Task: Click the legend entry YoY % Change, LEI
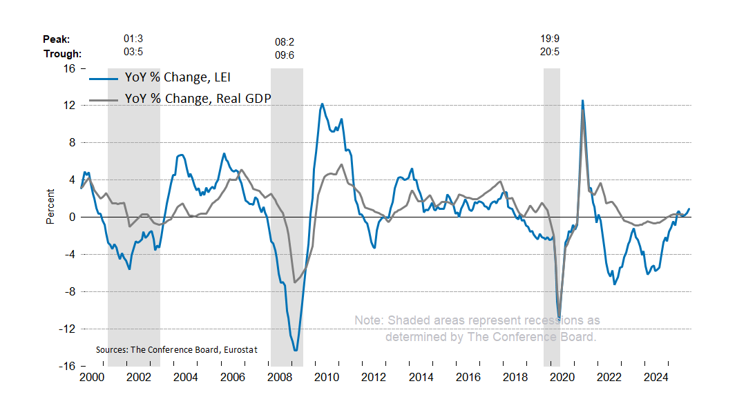182,77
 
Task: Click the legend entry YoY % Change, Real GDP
198,98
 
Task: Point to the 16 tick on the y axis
70,68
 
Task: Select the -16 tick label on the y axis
67,366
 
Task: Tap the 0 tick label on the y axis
73,217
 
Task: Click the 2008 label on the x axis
279,378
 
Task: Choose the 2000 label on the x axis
91,378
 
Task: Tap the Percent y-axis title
50,206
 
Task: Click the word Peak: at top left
57,39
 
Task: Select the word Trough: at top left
62,54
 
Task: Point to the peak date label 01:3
133,39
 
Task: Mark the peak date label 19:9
551,39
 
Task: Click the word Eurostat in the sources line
240,350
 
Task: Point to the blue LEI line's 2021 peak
582,101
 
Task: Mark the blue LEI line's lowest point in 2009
296,351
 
